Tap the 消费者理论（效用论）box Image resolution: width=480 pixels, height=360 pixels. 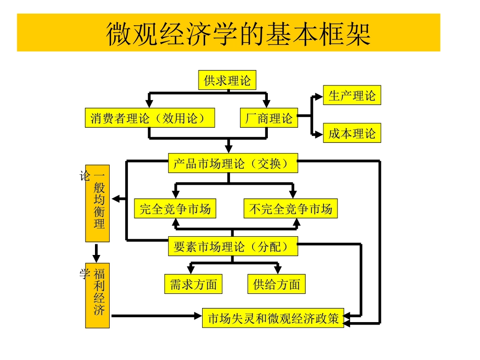click(x=149, y=118)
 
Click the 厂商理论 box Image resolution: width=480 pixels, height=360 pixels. click(x=268, y=119)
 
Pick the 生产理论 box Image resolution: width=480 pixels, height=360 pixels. click(x=352, y=95)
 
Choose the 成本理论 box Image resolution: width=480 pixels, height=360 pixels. click(x=352, y=134)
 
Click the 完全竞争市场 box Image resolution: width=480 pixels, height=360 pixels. click(x=175, y=209)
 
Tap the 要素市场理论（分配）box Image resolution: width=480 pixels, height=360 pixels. click(x=232, y=246)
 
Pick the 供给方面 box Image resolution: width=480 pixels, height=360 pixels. click(x=276, y=284)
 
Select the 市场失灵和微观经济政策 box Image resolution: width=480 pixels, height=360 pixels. click(x=273, y=319)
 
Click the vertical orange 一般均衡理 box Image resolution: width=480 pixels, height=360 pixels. click(x=98, y=203)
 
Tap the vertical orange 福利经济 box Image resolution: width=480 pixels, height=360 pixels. click(x=98, y=295)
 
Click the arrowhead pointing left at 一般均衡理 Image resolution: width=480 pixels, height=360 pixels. click(x=116, y=199)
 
